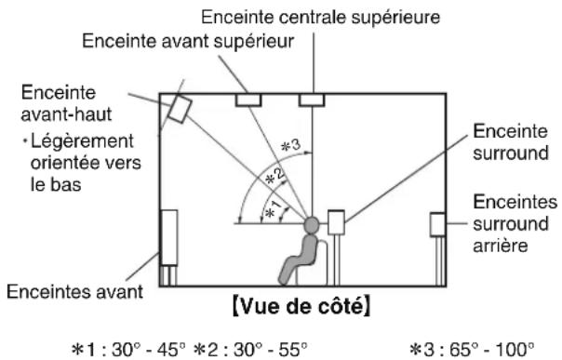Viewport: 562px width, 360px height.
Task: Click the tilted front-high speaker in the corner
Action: coord(178,111)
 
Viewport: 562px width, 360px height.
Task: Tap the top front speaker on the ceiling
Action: coord(248,99)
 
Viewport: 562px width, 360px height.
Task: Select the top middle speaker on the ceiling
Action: coord(309,99)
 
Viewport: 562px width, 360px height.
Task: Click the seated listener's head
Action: coord(311,224)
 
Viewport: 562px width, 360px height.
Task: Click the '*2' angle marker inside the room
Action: coord(268,178)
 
